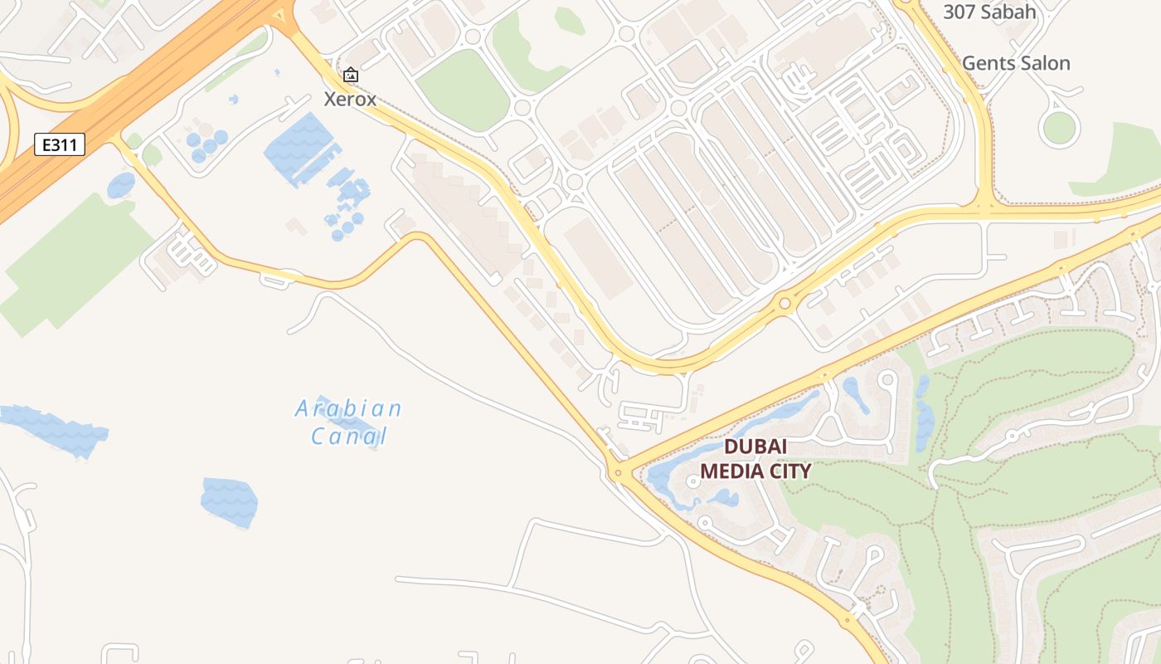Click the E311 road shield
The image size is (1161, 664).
coord(61,144)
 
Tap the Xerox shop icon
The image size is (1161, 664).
coord(351,76)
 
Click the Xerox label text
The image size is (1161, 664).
coord(350,100)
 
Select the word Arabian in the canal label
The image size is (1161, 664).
coord(349,408)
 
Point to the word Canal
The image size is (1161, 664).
coord(349,436)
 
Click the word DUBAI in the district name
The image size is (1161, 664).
coord(755,447)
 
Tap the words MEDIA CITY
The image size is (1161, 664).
coord(755,471)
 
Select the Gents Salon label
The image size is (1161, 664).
coord(1016,63)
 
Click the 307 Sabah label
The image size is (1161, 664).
coord(989,12)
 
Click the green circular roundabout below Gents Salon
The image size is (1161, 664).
coord(1059,128)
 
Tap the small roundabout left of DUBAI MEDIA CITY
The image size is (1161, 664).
coord(617,473)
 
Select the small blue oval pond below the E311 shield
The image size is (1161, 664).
coord(121,184)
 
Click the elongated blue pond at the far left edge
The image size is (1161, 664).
coord(54,429)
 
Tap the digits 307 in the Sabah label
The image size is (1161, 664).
coord(959,12)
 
